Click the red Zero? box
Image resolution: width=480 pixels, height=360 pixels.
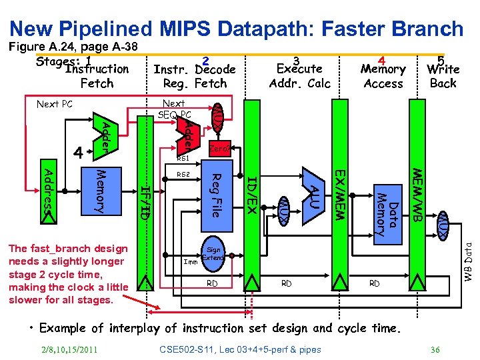coord(219,150)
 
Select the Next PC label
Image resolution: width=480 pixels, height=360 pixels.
coord(54,104)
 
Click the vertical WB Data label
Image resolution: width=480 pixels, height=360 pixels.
coord(469,260)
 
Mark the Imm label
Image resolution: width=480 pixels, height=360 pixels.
coord(191,262)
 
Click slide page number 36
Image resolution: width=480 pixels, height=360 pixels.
coord(435,349)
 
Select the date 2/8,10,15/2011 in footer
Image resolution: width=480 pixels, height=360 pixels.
coord(69,349)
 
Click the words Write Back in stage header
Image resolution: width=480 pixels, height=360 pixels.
coord(443,76)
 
